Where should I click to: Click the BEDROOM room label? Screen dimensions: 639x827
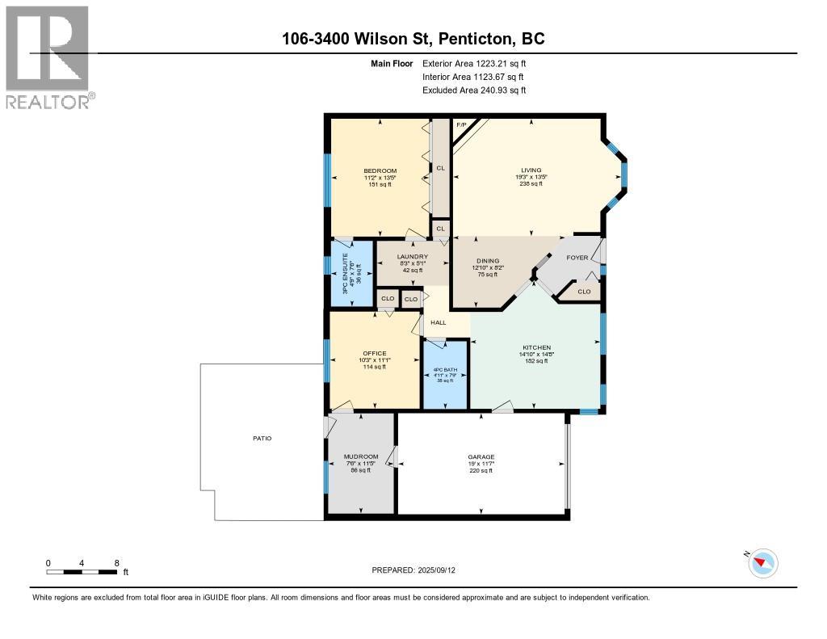380,170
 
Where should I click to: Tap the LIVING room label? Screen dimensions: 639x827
531,170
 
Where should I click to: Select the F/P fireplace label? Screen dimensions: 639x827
462,125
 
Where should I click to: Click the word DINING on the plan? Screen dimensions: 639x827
487,260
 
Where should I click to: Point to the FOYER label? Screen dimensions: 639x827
577,259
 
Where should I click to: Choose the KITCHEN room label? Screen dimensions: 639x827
536,347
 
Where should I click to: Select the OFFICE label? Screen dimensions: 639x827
374,353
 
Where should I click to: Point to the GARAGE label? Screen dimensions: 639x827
481,457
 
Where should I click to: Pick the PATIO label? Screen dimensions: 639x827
261,439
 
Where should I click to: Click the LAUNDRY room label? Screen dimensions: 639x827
412,257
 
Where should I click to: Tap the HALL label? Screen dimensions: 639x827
438,322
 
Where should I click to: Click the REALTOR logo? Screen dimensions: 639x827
48,57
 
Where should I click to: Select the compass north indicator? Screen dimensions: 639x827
762,562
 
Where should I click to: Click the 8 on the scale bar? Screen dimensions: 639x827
117,563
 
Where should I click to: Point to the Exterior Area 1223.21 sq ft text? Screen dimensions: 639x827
474,63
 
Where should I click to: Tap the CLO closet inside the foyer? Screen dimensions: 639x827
584,292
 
